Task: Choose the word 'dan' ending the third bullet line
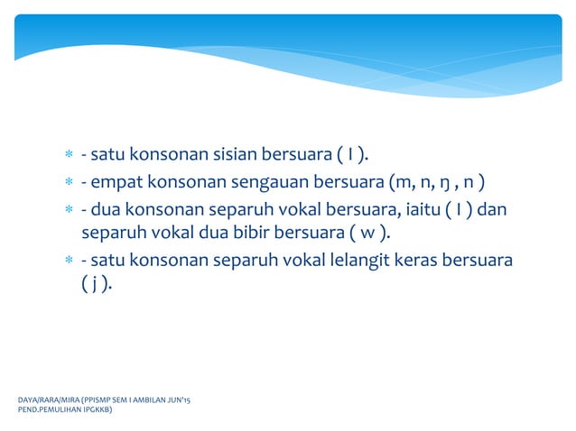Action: click(491, 212)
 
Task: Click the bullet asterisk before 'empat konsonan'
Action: click(68, 188)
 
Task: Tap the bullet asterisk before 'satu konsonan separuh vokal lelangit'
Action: click(68, 261)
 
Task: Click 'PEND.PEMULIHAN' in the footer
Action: click(44, 408)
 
